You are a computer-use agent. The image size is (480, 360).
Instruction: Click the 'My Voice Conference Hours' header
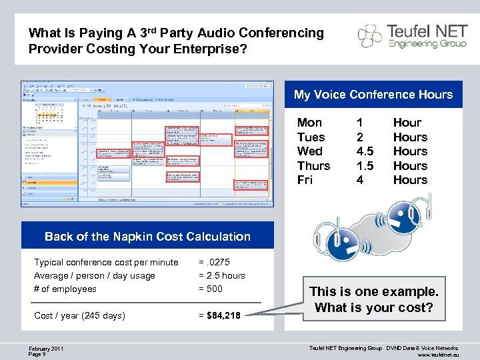(373, 95)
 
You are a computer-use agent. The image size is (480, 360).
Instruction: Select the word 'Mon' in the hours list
(309, 123)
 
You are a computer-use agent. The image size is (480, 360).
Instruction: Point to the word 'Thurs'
(313, 166)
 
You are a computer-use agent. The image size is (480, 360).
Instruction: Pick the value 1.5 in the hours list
(365, 166)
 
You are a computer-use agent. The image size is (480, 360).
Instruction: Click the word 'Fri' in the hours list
(305, 180)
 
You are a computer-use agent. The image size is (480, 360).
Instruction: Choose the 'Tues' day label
(311, 137)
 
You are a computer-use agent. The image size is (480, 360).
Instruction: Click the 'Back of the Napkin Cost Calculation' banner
(147, 236)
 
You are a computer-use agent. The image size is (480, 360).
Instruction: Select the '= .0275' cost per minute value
(214, 262)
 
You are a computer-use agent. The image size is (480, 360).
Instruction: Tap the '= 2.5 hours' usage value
(222, 275)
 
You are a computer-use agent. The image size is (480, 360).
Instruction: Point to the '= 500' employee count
(211, 289)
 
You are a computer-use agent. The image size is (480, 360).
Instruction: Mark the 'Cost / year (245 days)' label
(79, 315)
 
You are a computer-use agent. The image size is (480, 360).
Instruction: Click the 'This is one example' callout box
(374, 299)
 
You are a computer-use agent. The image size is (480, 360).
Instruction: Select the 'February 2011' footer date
(47, 348)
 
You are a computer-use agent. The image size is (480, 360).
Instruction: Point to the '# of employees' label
(65, 289)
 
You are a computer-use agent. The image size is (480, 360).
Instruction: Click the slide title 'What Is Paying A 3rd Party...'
(176, 41)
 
